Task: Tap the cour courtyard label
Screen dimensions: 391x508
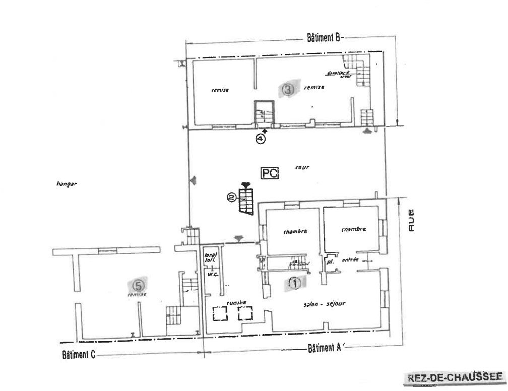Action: coord(302,167)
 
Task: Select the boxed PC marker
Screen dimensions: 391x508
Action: coord(269,173)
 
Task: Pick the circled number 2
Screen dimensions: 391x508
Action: coord(231,198)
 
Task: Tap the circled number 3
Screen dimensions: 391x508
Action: coord(287,90)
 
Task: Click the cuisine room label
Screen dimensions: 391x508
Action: coord(236,302)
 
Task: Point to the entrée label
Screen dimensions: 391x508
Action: coord(350,260)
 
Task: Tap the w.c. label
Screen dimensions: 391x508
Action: coord(212,275)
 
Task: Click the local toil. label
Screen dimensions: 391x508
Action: coord(210,257)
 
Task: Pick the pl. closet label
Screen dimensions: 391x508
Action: coord(330,262)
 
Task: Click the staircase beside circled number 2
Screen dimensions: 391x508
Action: coord(246,200)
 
